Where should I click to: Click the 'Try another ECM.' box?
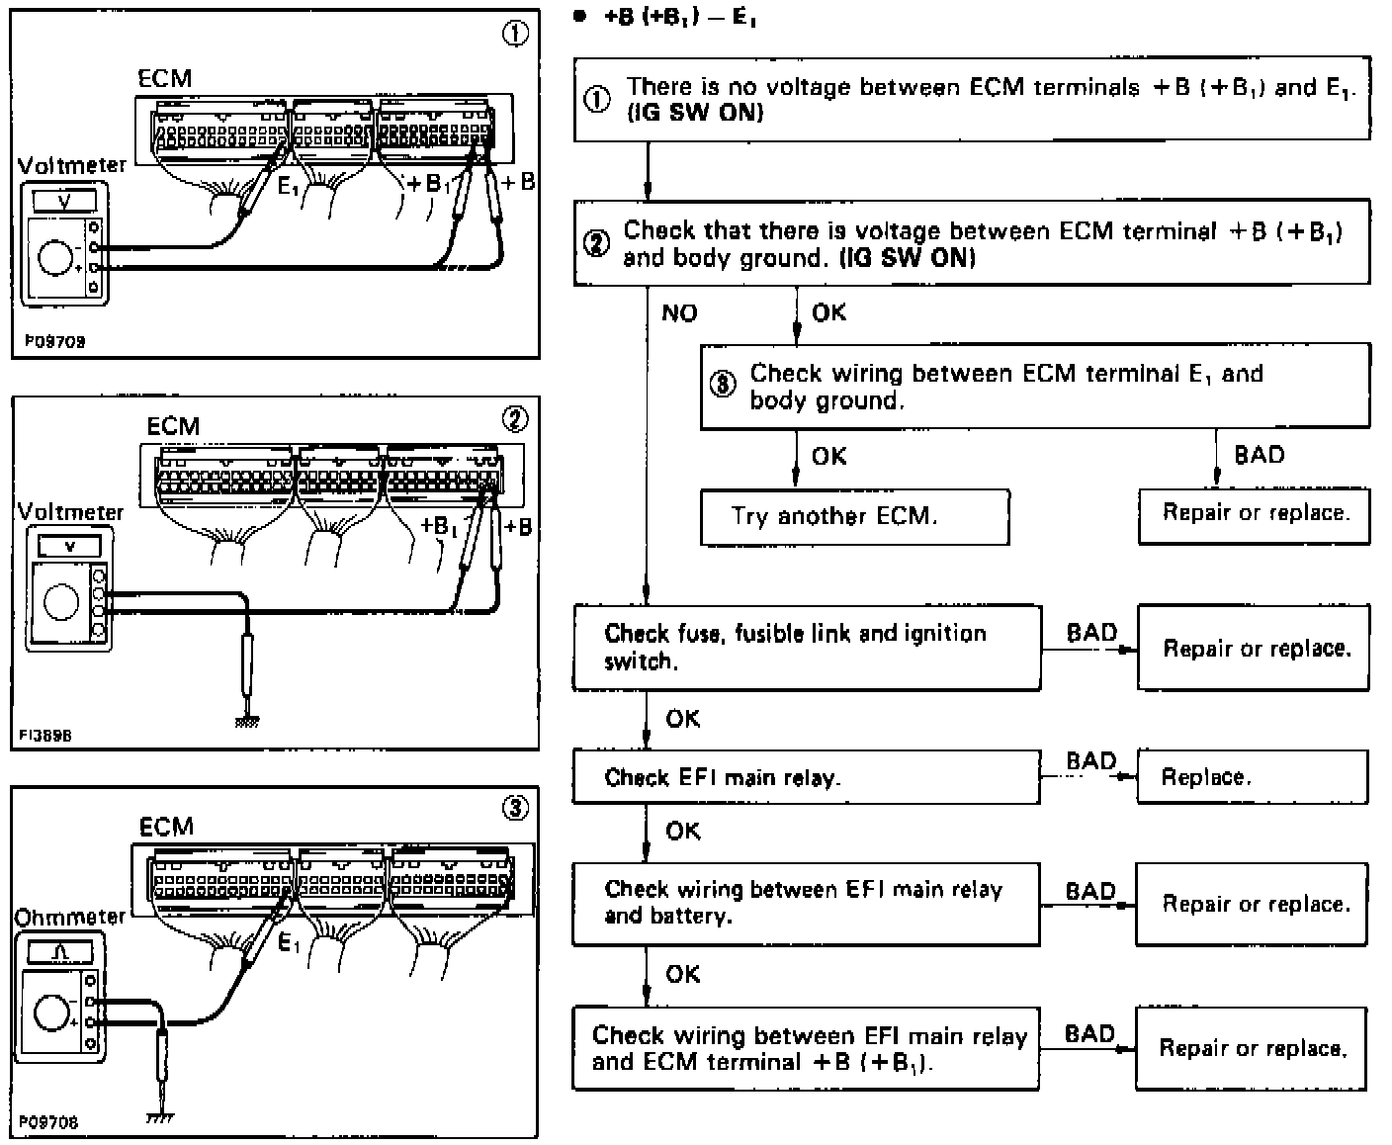tap(854, 516)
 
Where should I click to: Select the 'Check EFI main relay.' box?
tap(806, 776)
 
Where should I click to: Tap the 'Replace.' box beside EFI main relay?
tap(1253, 776)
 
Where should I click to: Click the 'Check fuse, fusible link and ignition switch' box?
tap(806, 648)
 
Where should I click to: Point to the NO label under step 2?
tap(679, 313)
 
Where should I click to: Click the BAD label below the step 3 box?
tap(1259, 455)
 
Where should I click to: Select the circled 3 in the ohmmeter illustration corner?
tap(515, 808)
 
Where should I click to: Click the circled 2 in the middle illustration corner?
tap(515, 419)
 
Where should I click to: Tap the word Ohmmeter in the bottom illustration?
tap(70, 917)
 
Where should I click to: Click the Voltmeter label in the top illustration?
tap(72, 165)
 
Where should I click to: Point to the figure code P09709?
tap(55, 341)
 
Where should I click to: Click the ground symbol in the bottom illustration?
tap(159, 1118)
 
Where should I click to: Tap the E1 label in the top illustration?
tap(288, 186)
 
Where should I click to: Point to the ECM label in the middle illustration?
tap(173, 426)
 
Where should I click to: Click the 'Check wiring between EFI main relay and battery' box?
tap(806, 903)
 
